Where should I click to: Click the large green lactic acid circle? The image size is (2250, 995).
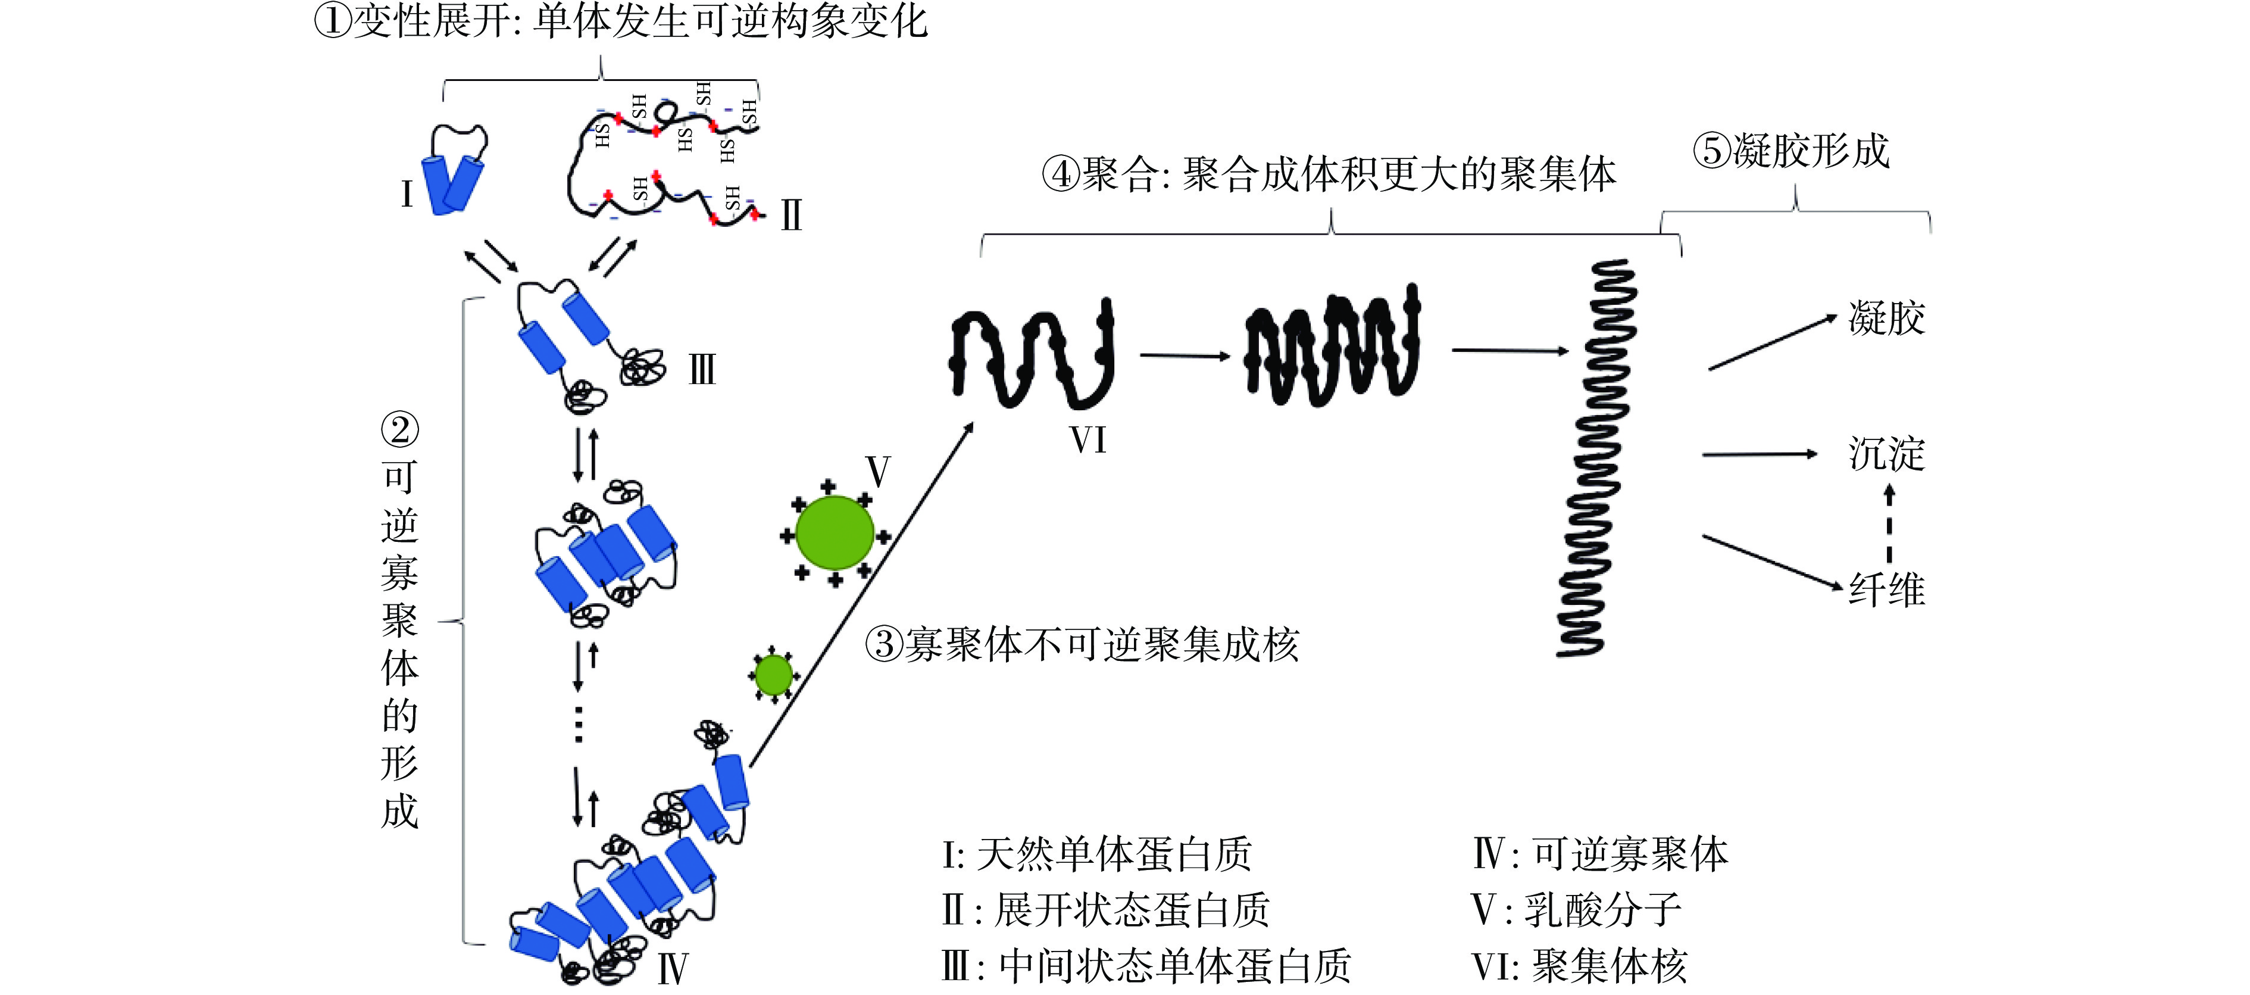point(834,533)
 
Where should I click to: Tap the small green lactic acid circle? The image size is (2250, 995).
point(773,675)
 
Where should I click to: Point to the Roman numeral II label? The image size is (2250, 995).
point(791,215)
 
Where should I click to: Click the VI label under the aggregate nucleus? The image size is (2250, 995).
point(1088,440)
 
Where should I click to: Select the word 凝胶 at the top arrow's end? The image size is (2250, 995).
point(1887,318)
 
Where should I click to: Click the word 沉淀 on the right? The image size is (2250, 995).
point(1887,454)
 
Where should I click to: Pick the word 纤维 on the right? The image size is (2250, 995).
point(1887,589)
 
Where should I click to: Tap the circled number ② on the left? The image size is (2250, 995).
point(400,430)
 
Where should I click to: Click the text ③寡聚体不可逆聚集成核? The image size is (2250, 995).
point(1082,645)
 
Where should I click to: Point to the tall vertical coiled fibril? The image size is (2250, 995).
point(1595,458)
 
